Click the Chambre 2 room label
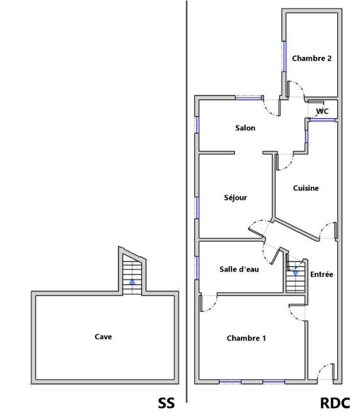point(312,58)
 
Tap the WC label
point(322,111)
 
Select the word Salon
point(245,128)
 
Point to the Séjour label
point(236,198)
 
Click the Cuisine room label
point(306,188)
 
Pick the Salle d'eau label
point(239,269)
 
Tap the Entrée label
point(322,274)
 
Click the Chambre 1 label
point(246,338)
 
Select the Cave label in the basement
point(103,337)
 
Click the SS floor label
point(166,403)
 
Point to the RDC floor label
point(335,403)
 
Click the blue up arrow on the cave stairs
point(132,282)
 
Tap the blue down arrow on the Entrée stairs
point(295,273)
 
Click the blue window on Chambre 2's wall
point(284,56)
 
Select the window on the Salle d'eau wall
point(197,268)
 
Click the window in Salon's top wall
point(249,98)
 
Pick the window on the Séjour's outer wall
point(197,208)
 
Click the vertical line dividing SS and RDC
point(186,202)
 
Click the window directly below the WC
point(322,120)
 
